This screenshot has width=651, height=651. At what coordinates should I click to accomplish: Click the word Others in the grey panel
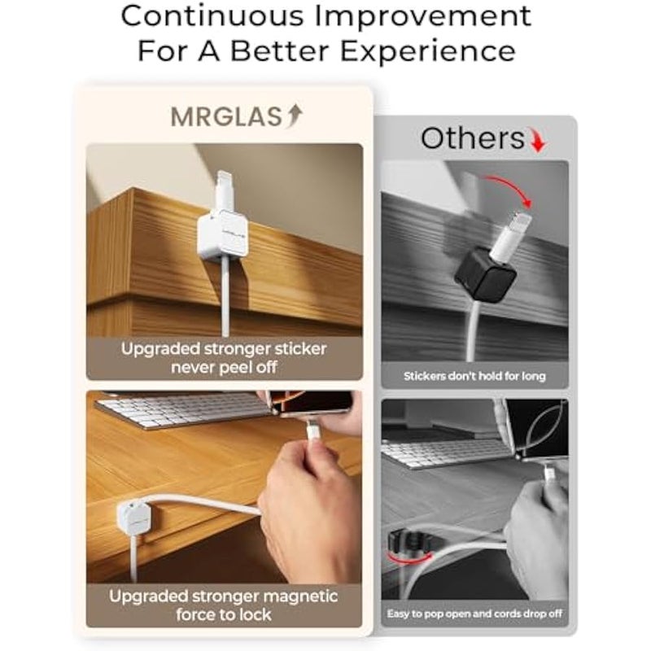(x=472, y=139)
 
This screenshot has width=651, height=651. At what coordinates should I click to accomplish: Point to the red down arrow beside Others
(x=536, y=142)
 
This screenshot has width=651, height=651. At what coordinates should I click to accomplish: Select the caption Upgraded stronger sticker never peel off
(x=224, y=358)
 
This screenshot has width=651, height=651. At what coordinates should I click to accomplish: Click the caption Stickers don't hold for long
(x=474, y=377)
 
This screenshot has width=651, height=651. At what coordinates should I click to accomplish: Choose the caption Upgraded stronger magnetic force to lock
(x=224, y=604)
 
